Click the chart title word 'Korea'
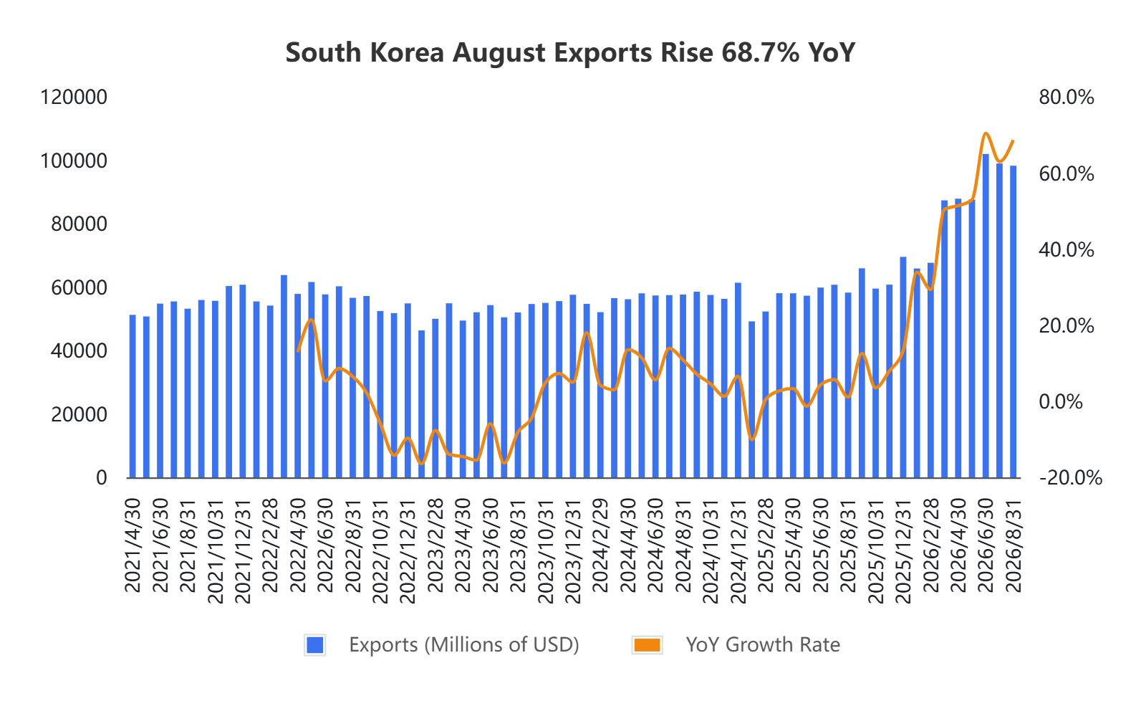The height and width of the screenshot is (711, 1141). (x=407, y=52)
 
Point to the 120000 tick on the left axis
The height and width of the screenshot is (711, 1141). (x=74, y=97)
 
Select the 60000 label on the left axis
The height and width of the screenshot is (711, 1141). (x=80, y=288)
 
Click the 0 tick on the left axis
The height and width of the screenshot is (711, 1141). (x=102, y=477)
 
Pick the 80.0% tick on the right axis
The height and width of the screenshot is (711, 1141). (x=1067, y=97)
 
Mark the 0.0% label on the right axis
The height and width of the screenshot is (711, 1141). (x=1061, y=401)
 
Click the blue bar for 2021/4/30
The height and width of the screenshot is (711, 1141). (x=133, y=396)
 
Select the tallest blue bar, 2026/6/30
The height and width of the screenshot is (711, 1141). (x=986, y=316)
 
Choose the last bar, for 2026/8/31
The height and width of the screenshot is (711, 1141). (x=1013, y=322)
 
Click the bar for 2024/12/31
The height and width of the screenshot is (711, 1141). (x=738, y=380)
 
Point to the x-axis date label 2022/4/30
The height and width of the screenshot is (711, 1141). (x=298, y=545)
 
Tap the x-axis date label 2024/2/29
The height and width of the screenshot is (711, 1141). (x=600, y=545)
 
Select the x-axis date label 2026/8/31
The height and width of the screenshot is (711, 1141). (x=1013, y=545)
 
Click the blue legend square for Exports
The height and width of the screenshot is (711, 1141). (x=314, y=645)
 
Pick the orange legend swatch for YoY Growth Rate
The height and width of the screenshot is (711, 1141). (x=647, y=645)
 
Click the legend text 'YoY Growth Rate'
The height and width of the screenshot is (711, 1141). (x=763, y=645)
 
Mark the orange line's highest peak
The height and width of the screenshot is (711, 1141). (x=986, y=133)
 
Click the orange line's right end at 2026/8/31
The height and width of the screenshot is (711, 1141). (x=1013, y=140)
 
